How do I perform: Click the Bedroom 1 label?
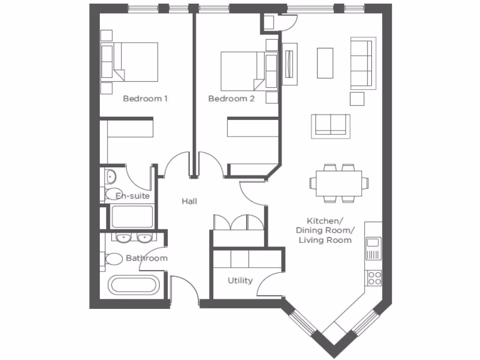[x=145, y=99]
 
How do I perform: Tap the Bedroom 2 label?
[x=231, y=99]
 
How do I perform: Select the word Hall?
[x=189, y=202]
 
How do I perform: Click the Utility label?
[x=240, y=281]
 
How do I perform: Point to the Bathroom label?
[x=146, y=258]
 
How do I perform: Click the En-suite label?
[x=133, y=196]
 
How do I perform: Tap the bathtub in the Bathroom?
[x=134, y=285]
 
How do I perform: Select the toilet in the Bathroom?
[x=113, y=259]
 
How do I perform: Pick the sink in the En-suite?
[x=111, y=177]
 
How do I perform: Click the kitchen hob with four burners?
[x=374, y=278]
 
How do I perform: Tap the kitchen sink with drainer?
[x=374, y=249]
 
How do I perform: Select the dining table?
[x=338, y=183]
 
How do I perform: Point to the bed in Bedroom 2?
[x=243, y=71]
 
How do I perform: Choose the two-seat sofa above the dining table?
[x=331, y=125]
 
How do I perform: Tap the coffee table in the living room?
[x=325, y=63]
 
